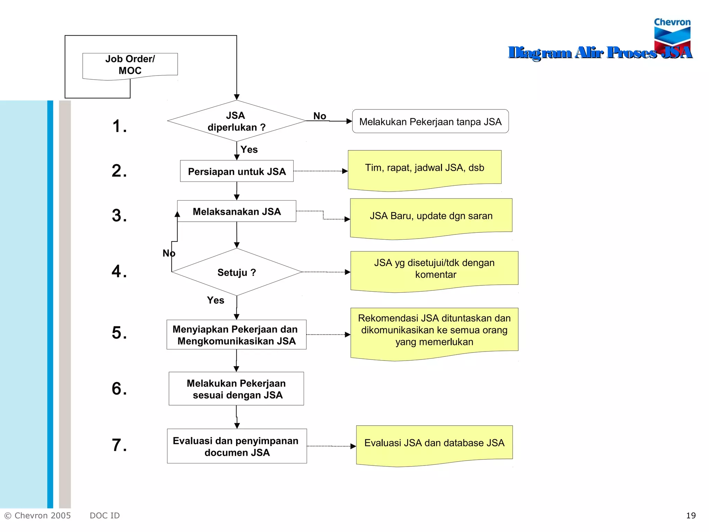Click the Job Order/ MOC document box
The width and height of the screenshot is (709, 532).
(x=130, y=65)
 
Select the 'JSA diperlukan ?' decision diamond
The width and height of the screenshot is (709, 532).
(x=236, y=121)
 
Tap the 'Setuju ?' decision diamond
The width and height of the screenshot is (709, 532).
(x=236, y=272)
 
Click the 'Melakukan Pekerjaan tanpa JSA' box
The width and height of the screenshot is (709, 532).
(x=430, y=122)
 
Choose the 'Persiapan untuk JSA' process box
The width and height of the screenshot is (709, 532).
(x=237, y=171)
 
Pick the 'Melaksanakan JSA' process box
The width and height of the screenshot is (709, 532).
(x=237, y=211)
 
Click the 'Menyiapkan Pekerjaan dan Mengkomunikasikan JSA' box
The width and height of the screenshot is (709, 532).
(x=236, y=335)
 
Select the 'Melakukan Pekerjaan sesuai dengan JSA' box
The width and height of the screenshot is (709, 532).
(x=236, y=389)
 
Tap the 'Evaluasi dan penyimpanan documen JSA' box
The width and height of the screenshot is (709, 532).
(x=237, y=446)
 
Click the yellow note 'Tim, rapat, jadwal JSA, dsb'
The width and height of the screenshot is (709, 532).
(x=424, y=168)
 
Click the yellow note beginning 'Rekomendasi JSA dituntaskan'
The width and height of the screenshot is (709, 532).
(x=434, y=330)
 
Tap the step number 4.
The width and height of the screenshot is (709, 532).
(x=119, y=271)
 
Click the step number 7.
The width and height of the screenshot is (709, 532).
(x=119, y=445)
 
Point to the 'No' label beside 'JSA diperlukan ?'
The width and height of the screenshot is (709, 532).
(x=320, y=116)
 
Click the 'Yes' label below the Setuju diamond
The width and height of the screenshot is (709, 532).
(x=215, y=300)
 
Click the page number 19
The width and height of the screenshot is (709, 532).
(x=691, y=515)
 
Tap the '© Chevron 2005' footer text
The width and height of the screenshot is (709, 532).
(x=37, y=515)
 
